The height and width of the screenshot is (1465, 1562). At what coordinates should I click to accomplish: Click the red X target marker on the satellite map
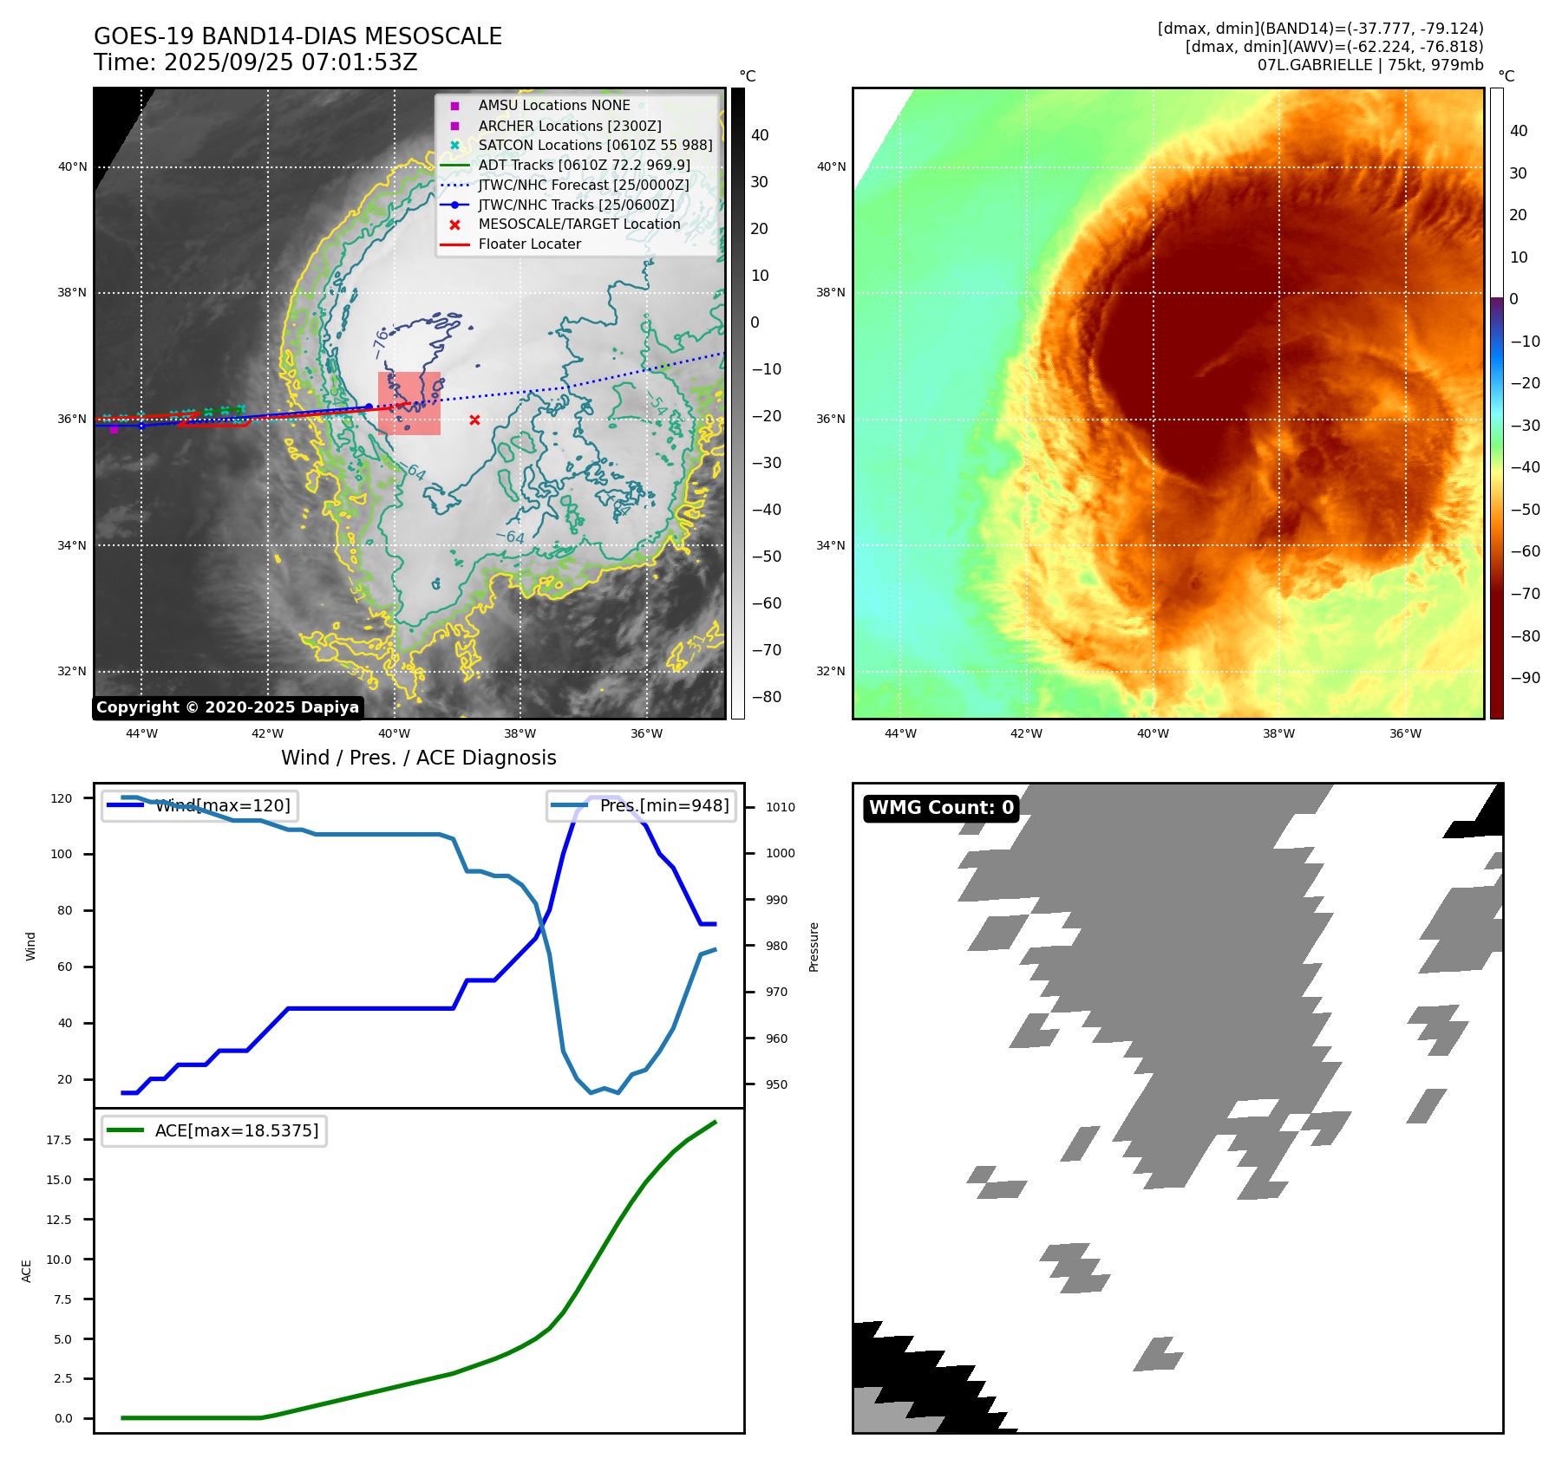(x=474, y=420)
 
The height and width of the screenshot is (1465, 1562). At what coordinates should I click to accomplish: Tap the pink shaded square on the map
(x=409, y=403)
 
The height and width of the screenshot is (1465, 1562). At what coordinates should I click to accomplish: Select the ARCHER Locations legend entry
(x=569, y=126)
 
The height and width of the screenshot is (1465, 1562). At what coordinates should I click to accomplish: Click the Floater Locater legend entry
(x=529, y=244)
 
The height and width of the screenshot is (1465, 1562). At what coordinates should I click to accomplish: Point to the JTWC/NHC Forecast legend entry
(x=583, y=186)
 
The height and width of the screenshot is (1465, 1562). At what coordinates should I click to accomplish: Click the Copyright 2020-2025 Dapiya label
(x=227, y=707)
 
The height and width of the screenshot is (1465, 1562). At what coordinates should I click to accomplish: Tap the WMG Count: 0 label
(x=941, y=808)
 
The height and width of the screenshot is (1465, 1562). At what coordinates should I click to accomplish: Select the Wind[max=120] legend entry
(x=222, y=805)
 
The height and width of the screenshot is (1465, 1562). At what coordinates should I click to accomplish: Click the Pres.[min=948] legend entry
(x=663, y=805)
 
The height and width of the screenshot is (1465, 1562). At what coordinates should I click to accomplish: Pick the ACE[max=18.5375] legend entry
(x=236, y=1130)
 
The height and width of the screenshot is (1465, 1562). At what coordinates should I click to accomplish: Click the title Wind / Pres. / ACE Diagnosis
(x=418, y=758)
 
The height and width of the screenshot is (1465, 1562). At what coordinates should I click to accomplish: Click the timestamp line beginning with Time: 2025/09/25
(x=256, y=63)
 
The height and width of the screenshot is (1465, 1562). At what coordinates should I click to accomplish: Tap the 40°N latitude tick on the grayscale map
(x=72, y=167)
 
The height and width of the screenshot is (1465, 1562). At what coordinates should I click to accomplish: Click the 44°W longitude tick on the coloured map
(x=900, y=733)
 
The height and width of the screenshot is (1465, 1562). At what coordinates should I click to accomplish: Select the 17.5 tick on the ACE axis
(x=59, y=1140)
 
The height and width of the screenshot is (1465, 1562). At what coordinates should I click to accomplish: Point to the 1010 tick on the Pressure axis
(x=780, y=807)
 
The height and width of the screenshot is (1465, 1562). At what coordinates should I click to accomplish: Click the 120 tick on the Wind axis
(x=62, y=798)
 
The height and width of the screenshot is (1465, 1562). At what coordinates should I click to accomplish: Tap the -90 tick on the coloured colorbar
(x=1525, y=678)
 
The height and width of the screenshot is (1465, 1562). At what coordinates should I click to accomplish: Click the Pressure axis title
(x=814, y=947)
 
